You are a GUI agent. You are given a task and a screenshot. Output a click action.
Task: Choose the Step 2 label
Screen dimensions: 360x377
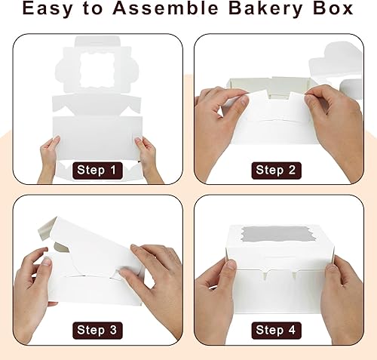click(x=280, y=170)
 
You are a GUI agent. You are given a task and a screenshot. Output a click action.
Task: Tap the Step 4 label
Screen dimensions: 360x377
click(x=280, y=329)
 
